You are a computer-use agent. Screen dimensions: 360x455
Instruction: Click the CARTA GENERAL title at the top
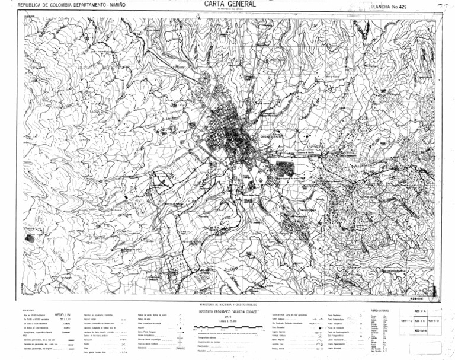[x=230, y=4]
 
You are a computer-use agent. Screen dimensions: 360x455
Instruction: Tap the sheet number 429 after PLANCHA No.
[x=403, y=7]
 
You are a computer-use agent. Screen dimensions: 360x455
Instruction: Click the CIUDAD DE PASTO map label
[x=273, y=136]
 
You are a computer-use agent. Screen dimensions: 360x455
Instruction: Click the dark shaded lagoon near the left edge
[x=30, y=238]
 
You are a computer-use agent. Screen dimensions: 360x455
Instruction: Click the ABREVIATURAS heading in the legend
[x=380, y=311]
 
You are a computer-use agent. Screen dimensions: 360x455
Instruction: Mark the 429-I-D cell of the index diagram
[x=406, y=321]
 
